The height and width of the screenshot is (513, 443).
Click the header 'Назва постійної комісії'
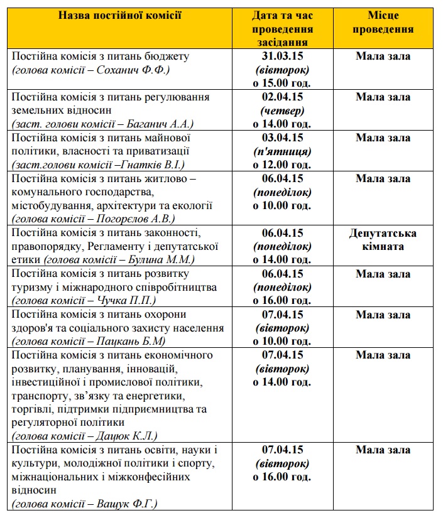(120, 14)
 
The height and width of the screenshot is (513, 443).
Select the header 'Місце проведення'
(383, 22)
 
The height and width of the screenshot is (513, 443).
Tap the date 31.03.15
(282, 57)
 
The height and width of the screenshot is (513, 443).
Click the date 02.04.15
(282, 97)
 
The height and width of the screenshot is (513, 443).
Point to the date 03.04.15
(282, 138)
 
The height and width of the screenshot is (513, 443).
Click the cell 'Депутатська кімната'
(383, 240)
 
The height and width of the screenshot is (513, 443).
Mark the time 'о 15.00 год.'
(282, 83)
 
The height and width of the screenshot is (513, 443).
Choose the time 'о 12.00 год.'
(282, 165)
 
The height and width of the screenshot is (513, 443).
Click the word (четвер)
(282, 111)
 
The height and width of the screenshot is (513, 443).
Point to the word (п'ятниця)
(282, 151)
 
